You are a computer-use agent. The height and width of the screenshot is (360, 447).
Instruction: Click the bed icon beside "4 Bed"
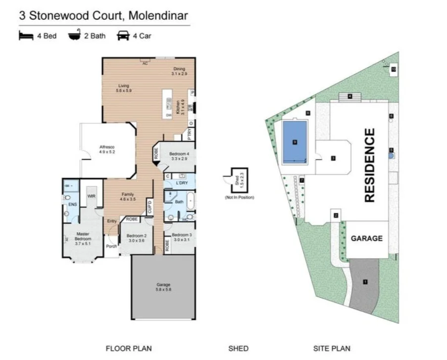26,36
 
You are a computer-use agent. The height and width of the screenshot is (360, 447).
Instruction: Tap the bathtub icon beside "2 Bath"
75,36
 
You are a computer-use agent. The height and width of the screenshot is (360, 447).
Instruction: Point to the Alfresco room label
107,149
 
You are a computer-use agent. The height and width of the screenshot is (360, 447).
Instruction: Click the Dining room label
179,71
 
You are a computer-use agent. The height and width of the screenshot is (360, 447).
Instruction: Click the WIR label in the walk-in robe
91,196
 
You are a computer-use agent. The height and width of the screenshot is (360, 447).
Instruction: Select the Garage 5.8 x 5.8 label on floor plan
163,287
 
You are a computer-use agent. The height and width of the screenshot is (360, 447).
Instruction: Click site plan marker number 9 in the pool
295,142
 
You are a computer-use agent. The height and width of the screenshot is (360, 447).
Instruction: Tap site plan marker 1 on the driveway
365,282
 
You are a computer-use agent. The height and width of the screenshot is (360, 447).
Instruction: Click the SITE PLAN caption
331,349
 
